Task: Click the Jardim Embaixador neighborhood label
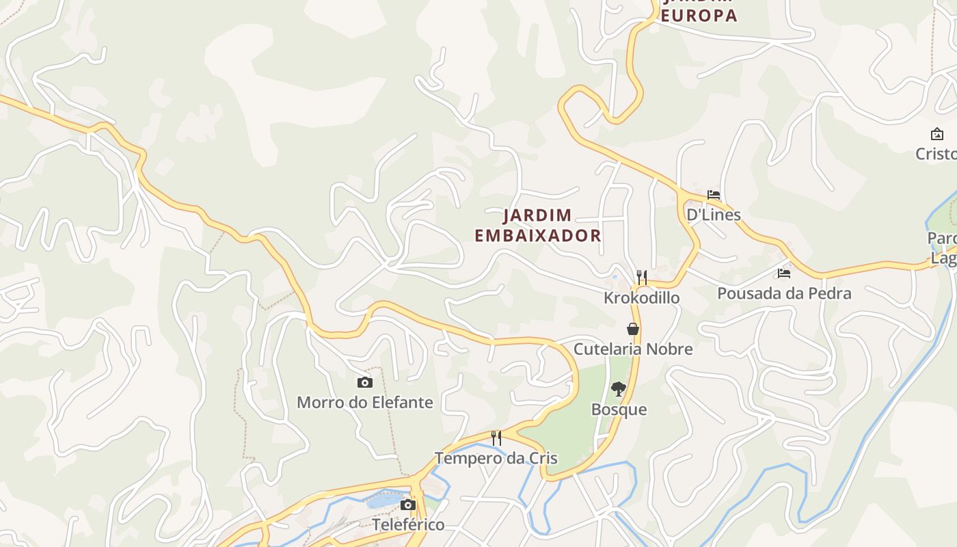(x=538, y=225)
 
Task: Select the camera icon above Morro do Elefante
(x=365, y=382)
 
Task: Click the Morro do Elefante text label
(x=365, y=402)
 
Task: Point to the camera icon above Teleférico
(x=408, y=505)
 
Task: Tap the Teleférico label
(x=408, y=524)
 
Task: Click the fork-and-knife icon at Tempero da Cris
(x=496, y=438)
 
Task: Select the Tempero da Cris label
(x=496, y=458)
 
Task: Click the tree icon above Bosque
(x=619, y=389)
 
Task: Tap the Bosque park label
(x=619, y=410)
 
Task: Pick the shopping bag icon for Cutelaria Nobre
(x=633, y=329)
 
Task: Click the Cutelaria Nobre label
(x=633, y=349)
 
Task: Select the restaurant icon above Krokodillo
(x=641, y=277)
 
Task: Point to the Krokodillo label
(x=641, y=297)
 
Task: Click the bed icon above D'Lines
(x=714, y=195)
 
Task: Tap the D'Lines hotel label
(x=714, y=215)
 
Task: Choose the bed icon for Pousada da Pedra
(x=784, y=273)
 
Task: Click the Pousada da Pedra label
(x=784, y=293)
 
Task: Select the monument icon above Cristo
(x=936, y=134)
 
